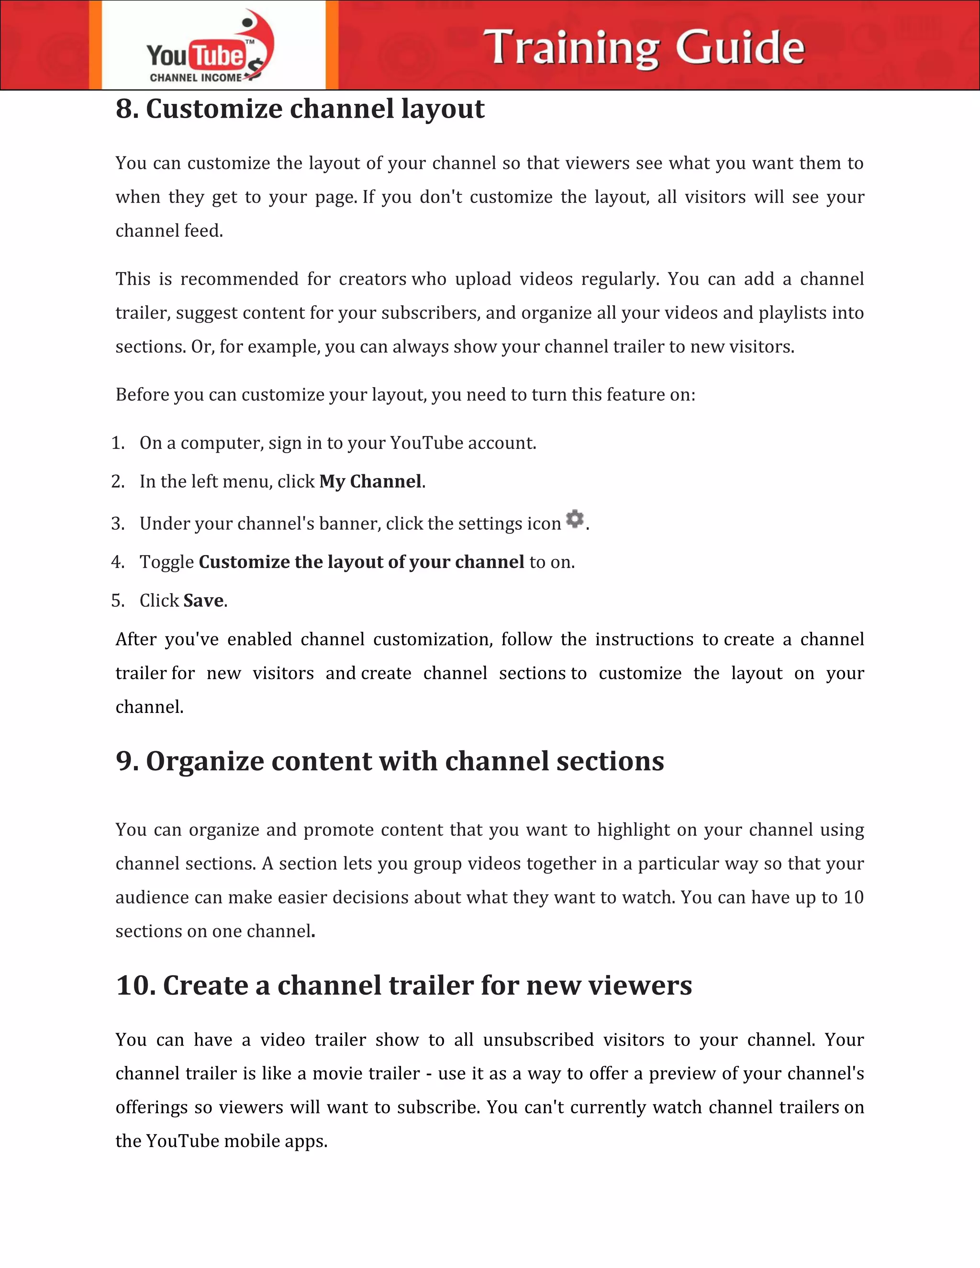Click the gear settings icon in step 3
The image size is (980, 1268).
[574, 519]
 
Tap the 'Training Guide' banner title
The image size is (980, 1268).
[644, 47]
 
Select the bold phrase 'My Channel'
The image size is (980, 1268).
[370, 481]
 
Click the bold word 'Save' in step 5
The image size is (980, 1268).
[203, 601]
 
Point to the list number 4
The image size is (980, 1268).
[117, 562]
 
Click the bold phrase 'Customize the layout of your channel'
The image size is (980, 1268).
[361, 562]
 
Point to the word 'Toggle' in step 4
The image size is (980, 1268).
[167, 563]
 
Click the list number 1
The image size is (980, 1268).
[117, 443]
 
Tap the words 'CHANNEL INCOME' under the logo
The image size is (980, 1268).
[195, 78]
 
